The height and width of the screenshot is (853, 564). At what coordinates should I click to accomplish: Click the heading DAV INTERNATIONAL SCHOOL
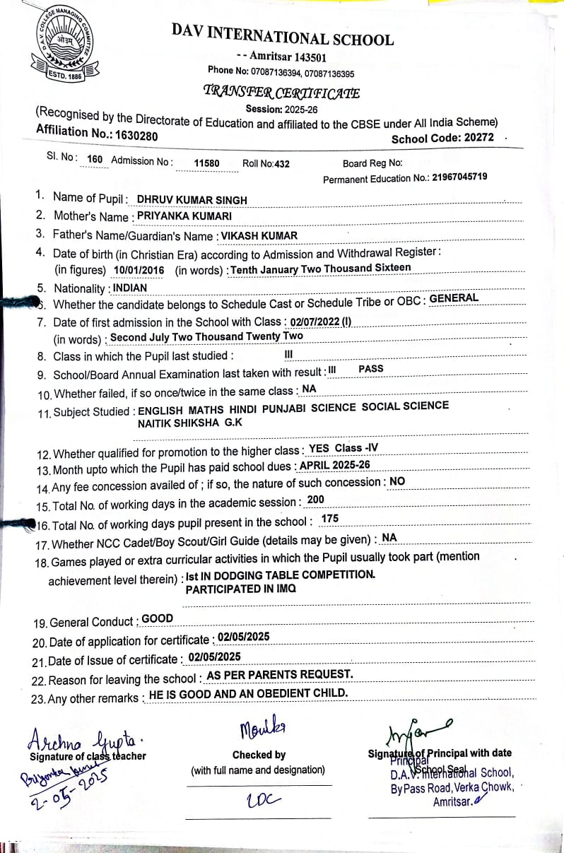282,33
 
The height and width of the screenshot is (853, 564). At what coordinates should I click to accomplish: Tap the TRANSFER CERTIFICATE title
281,92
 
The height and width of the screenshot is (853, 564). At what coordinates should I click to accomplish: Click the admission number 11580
206,163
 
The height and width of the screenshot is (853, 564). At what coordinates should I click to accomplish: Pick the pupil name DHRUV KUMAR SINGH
192,200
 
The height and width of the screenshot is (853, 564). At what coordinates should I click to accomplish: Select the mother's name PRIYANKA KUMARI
184,216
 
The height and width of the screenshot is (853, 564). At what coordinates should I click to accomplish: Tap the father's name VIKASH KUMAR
259,235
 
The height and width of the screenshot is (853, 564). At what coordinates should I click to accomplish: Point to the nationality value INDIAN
130,288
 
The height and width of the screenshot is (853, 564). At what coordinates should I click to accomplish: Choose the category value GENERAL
454,298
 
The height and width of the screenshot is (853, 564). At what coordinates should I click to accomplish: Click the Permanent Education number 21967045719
459,177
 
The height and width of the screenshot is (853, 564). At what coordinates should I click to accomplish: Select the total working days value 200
316,500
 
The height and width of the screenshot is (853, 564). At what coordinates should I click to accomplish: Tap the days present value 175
329,519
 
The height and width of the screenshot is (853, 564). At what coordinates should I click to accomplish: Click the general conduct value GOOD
157,618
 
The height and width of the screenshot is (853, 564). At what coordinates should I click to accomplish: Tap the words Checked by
259,755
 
